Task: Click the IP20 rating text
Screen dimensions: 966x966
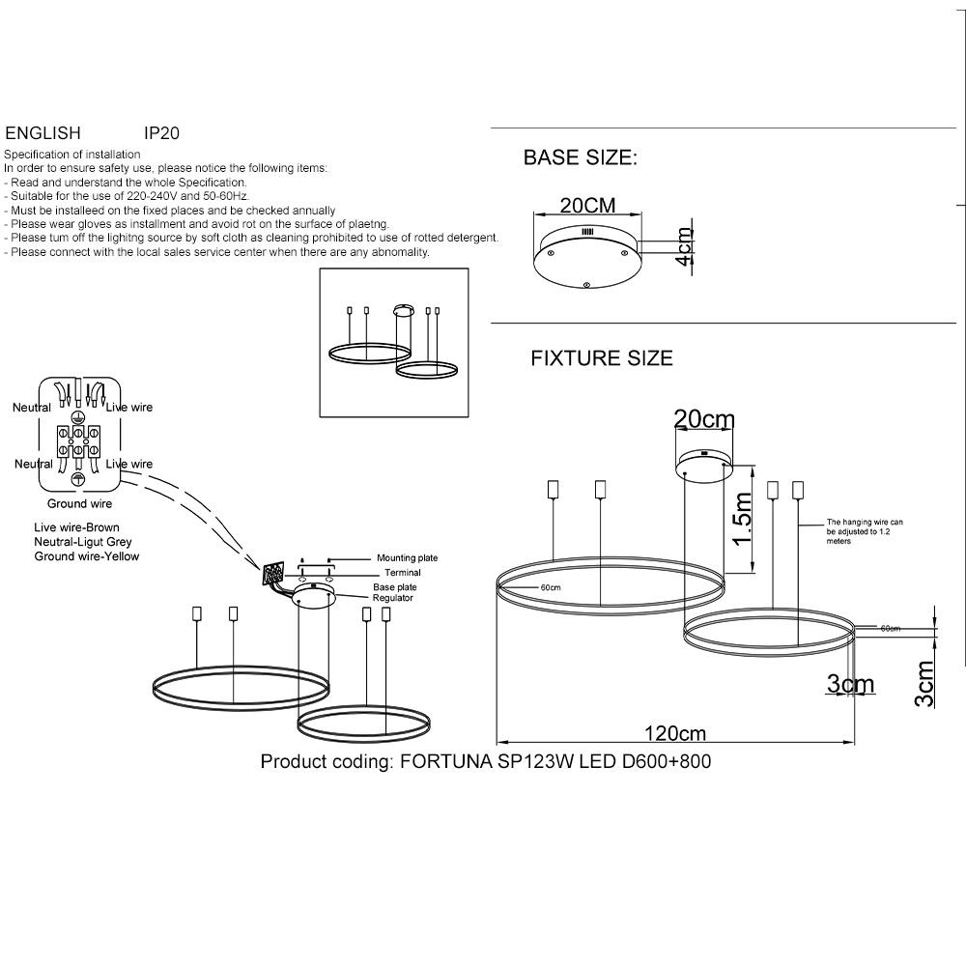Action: pyautogui.click(x=161, y=133)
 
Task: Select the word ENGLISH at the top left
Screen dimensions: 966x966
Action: pyautogui.click(x=43, y=133)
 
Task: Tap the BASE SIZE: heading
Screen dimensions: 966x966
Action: pyautogui.click(x=580, y=158)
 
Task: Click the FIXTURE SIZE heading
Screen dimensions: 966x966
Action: pyautogui.click(x=602, y=358)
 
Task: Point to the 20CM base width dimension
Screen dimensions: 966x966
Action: pyautogui.click(x=587, y=206)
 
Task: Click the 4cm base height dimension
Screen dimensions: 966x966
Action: pyautogui.click(x=685, y=247)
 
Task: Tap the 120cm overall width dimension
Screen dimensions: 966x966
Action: pyautogui.click(x=675, y=734)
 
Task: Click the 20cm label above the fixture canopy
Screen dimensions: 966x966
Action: pyautogui.click(x=704, y=419)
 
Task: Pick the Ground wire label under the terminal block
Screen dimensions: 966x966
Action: pyautogui.click(x=80, y=504)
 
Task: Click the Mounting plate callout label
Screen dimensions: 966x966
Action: pyautogui.click(x=407, y=558)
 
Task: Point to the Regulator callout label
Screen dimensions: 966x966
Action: pyautogui.click(x=393, y=599)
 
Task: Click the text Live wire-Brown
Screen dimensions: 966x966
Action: pyautogui.click(x=77, y=527)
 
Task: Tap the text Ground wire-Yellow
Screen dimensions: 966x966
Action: pyautogui.click(x=87, y=556)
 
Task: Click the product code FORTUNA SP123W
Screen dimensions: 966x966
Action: pyautogui.click(x=486, y=761)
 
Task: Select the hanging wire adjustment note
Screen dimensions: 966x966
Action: pyautogui.click(x=865, y=531)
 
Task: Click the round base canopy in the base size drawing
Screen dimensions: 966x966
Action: pyautogui.click(x=587, y=257)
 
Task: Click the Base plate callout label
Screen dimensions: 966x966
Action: pyautogui.click(x=395, y=587)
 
